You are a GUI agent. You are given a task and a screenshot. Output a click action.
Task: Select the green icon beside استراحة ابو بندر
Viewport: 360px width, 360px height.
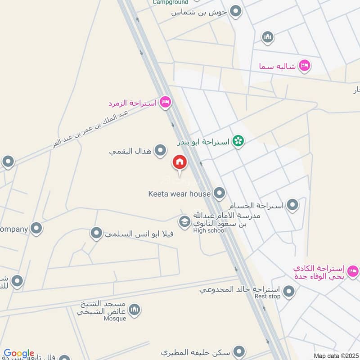pyautogui.click(x=238, y=142)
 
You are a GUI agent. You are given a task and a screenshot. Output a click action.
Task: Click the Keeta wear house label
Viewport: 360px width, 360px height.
pyautogui.click(x=180, y=194)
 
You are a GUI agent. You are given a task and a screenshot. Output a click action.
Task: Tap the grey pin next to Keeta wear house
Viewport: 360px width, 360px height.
pyautogui.click(x=219, y=193)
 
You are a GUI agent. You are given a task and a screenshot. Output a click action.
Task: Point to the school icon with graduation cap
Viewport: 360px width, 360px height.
pyautogui.click(x=184, y=221)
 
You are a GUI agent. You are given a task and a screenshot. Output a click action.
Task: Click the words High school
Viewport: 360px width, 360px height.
pyautogui.click(x=209, y=231)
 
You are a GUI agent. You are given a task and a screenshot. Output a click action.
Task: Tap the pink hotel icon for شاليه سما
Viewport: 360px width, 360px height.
pyautogui.click(x=305, y=66)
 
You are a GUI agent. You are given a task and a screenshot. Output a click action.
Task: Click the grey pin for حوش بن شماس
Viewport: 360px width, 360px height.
pyautogui.click(x=235, y=12)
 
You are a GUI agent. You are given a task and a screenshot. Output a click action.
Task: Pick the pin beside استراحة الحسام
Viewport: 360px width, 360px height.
pyautogui.click(x=293, y=206)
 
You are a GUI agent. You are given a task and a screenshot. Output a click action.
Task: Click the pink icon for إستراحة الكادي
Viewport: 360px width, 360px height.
pyautogui.click(x=353, y=271)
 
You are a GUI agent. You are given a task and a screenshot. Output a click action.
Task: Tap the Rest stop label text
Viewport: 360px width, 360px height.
pyautogui.click(x=267, y=296)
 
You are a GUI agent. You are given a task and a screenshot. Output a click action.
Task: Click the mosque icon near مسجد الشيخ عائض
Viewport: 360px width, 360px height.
pyautogui.click(x=135, y=310)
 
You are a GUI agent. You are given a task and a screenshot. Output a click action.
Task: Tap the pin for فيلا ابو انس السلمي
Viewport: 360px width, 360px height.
pyautogui.click(x=96, y=234)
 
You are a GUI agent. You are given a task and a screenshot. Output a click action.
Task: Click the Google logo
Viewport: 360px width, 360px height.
pyautogui.click(x=19, y=353)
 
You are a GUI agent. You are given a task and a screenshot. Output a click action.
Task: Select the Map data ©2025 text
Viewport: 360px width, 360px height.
pyautogui.click(x=336, y=356)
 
